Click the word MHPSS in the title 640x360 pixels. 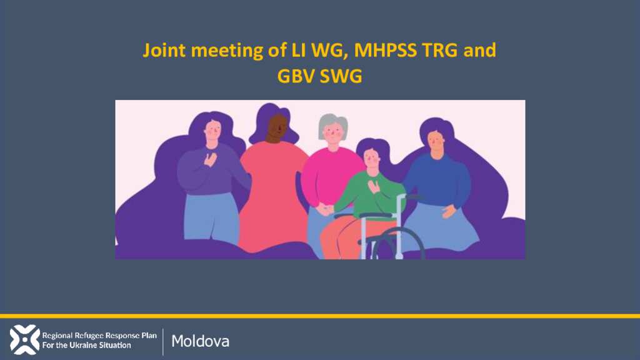tap(385, 50)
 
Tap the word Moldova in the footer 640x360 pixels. tap(200, 341)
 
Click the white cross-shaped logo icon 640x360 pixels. tap(24, 339)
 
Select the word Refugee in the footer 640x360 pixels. tap(84, 336)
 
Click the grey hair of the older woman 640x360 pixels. tap(333, 122)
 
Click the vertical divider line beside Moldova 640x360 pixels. tap(163, 342)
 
